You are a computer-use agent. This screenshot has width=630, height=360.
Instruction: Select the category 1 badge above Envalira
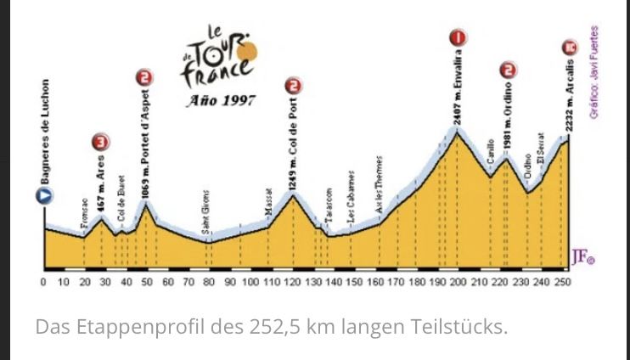click(x=458, y=38)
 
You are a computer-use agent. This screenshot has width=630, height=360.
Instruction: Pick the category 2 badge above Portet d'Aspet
click(x=144, y=78)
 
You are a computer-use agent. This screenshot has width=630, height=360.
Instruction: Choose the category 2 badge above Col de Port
click(x=293, y=86)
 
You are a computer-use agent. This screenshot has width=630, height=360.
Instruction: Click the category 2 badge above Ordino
click(x=508, y=70)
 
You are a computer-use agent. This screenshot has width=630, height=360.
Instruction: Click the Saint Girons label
click(x=206, y=213)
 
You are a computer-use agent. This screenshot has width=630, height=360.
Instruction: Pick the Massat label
click(x=268, y=200)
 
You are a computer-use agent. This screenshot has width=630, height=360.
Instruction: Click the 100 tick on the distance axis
click(x=250, y=281)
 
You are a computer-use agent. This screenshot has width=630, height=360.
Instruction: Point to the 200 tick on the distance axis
click(x=458, y=281)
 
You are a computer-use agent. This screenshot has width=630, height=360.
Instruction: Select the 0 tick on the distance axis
click(x=43, y=281)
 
